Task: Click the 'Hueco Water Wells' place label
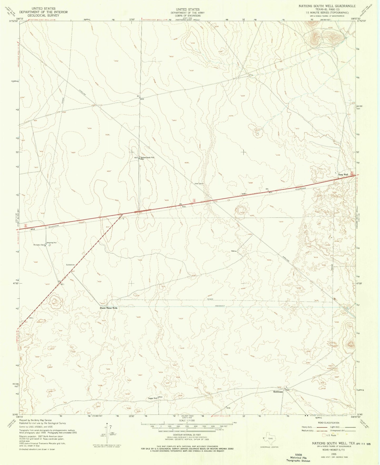pos(108,308)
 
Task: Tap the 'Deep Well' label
pos(343,175)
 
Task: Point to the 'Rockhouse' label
pos(278,392)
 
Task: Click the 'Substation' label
pos(71,265)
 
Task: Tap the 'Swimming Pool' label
pos(51,243)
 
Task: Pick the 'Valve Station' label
pos(199,183)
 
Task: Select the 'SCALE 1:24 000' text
pos(187,427)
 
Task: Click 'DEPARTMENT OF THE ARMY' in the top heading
pos(188,13)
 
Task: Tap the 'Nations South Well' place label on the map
pos(148,157)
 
